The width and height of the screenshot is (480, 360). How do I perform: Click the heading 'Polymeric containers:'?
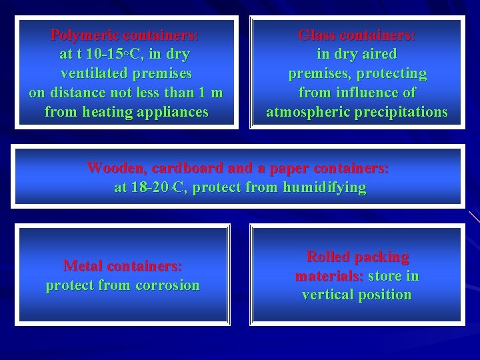(x=125, y=34)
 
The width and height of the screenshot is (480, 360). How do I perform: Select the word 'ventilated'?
(x=92, y=73)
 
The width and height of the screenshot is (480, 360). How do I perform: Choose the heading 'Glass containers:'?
(x=357, y=34)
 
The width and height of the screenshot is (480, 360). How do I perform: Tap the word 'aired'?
(x=377, y=53)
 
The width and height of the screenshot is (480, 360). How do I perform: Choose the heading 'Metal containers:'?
(x=123, y=265)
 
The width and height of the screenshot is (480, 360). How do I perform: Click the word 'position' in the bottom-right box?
(x=386, y=295)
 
